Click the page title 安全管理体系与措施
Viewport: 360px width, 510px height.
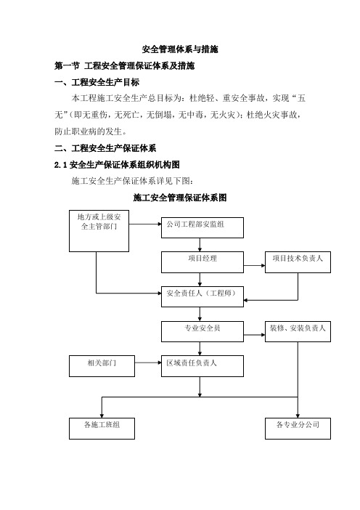180,49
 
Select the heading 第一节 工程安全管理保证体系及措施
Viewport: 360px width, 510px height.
124,65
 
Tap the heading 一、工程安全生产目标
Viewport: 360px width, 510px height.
97,82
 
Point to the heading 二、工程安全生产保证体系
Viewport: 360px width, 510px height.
105,148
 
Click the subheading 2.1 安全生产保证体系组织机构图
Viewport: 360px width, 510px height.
117,165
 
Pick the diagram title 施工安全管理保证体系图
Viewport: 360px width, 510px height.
180,198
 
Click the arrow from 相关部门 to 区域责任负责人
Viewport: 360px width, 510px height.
148,363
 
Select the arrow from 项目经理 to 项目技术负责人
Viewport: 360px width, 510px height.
255,265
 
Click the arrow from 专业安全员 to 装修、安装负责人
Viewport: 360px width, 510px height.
255,335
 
